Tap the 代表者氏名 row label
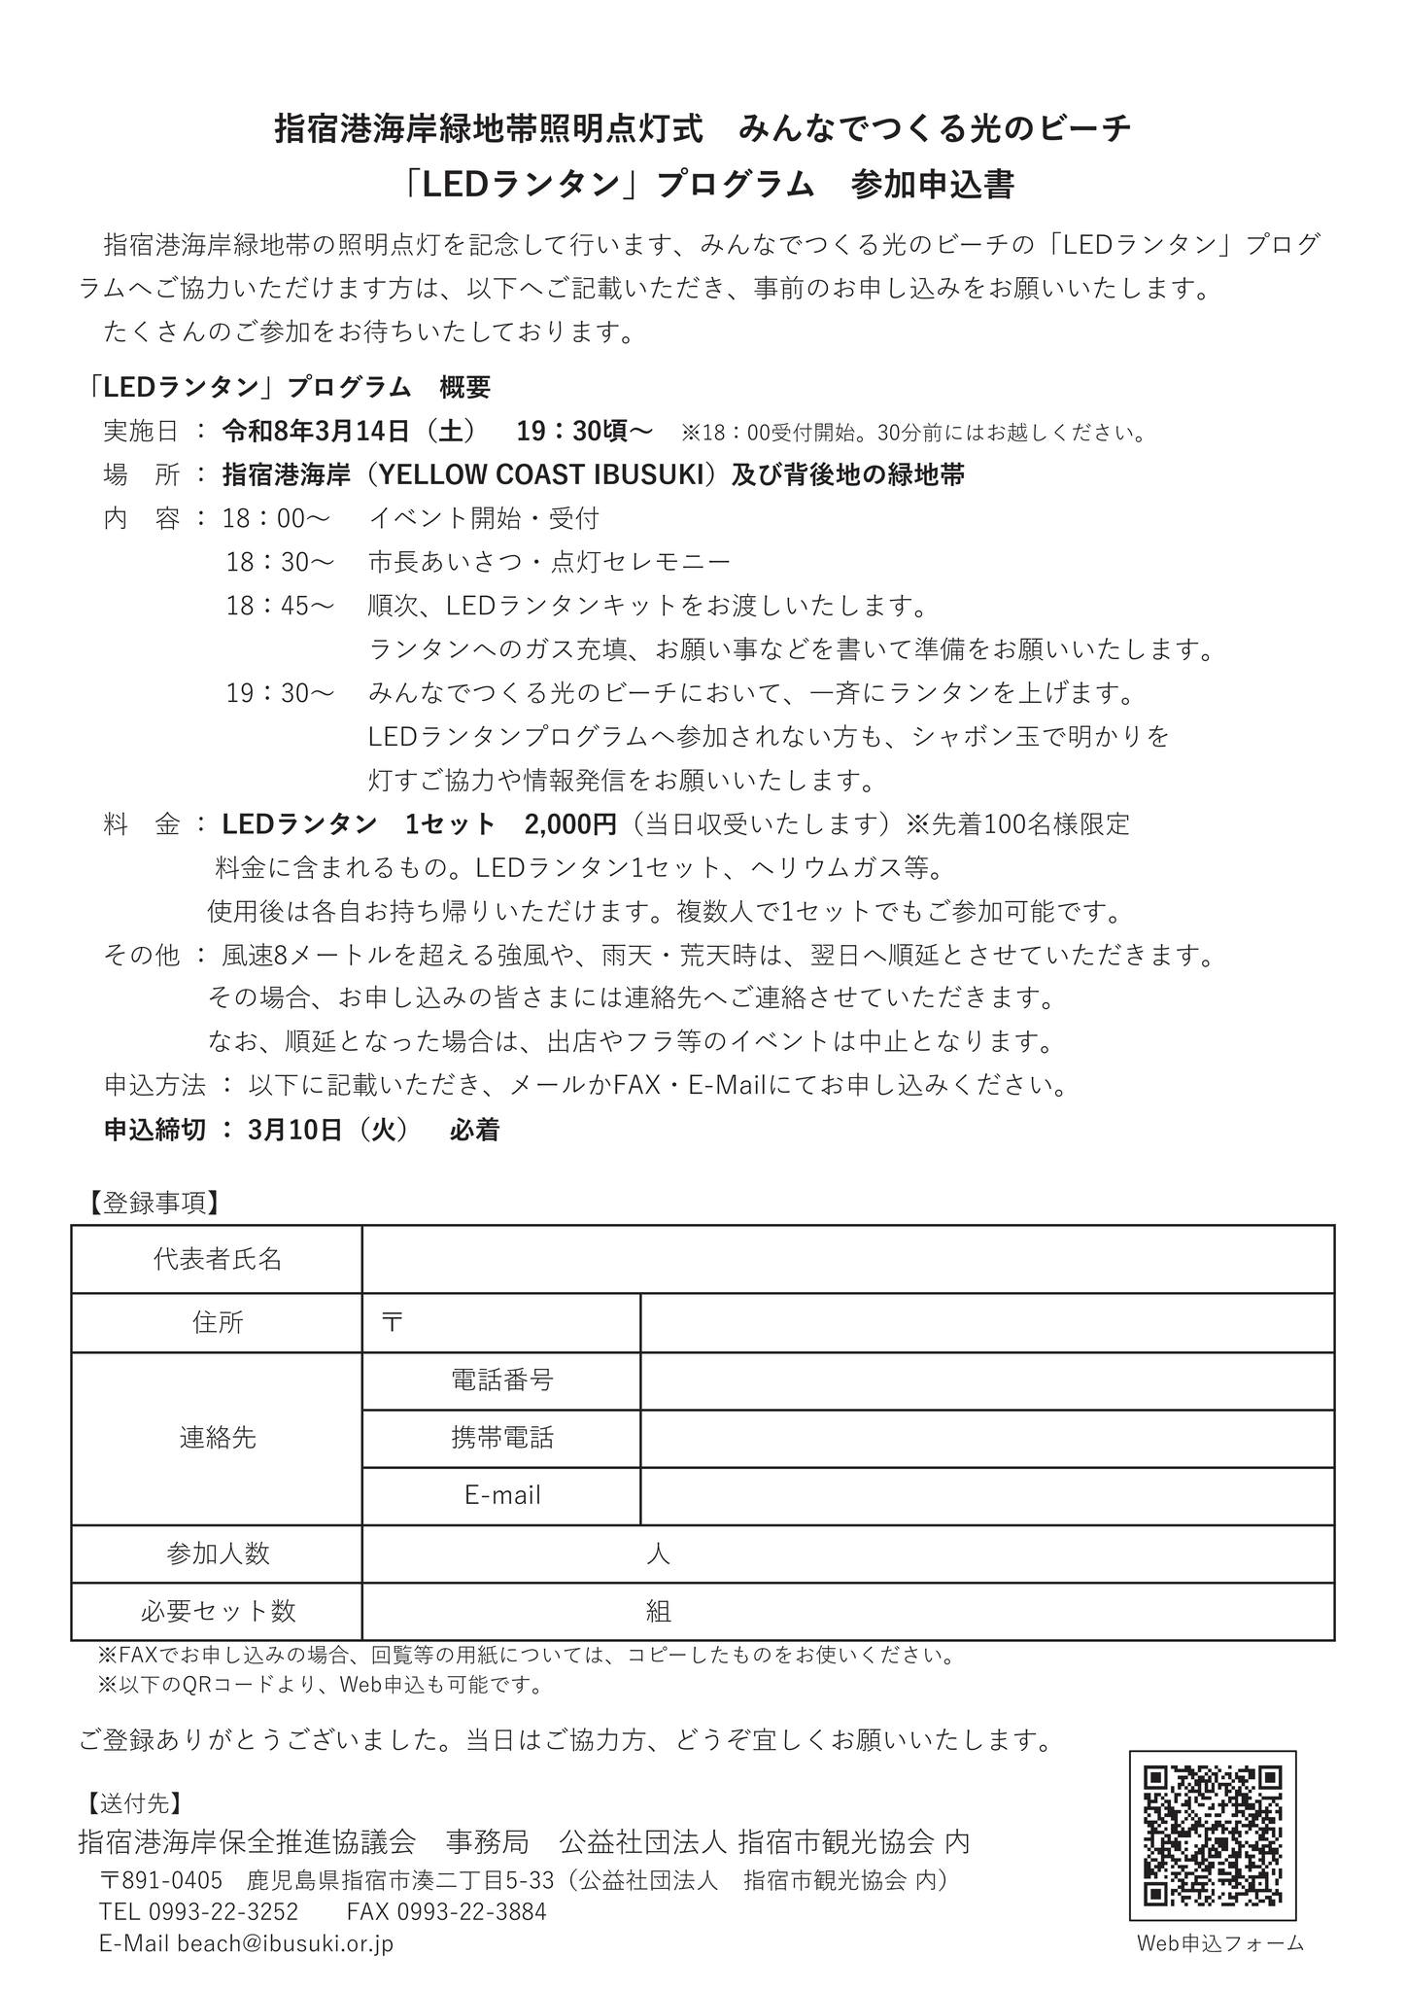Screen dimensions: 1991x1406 point(217,1259)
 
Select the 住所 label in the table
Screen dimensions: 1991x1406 point(217,1322)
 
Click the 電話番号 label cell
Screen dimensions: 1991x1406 point(501,1380)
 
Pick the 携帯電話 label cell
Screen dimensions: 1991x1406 point(501,1438)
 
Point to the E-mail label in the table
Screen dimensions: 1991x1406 point(501,1495)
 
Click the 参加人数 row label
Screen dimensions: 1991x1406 point(217,1554)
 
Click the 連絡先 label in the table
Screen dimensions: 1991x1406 point(217,1438)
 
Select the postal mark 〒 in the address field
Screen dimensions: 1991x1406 point(393,1322)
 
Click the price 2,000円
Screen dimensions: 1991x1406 point(570,824)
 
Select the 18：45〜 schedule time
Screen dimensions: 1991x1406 point(281,606)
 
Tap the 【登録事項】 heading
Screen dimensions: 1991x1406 point(149,1203)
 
